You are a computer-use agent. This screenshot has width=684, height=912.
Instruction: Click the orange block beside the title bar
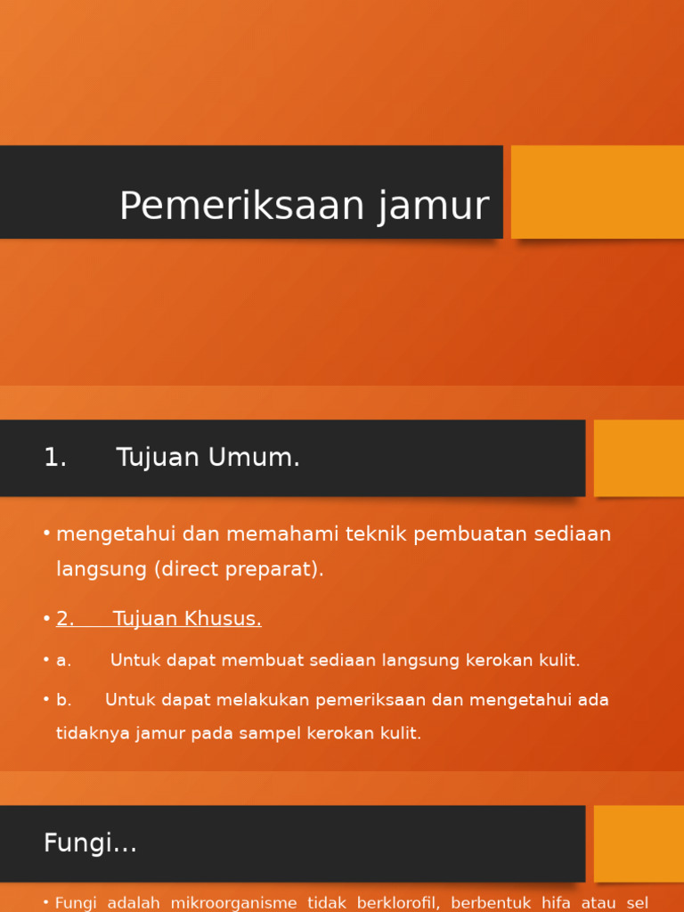[x=597, y=191]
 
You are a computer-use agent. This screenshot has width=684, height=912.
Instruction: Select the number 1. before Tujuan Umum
[x=55, y=458]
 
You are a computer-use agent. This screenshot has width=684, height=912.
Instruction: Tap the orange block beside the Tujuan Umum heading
[x=639, y=458]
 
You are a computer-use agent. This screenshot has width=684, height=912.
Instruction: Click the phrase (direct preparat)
[x=239, y=569]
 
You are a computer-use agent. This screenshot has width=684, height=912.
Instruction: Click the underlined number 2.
[x=65, y=619]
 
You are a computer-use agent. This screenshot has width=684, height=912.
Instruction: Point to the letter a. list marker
[x=63, y=661]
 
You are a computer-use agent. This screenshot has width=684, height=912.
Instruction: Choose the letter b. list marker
[x=63, y=700]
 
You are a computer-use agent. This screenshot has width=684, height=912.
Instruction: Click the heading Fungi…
[x=90, y=843]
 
